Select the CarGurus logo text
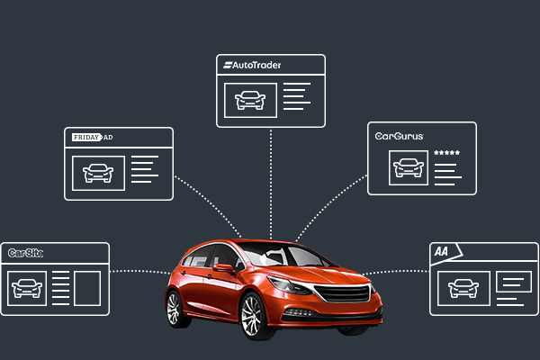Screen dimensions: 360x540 [x=400, y=137]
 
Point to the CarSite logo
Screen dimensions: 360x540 [x=25, y=253]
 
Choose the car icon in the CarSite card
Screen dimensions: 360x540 [x=27, y=288]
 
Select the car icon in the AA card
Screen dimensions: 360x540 [x=463, y=289]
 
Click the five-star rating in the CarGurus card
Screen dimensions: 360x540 [x=446, y=153]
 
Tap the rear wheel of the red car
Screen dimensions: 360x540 [x=175, y=309]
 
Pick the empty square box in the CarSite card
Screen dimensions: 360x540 [x=87, y=288]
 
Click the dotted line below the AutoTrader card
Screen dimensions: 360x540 [x=271, y=180]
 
